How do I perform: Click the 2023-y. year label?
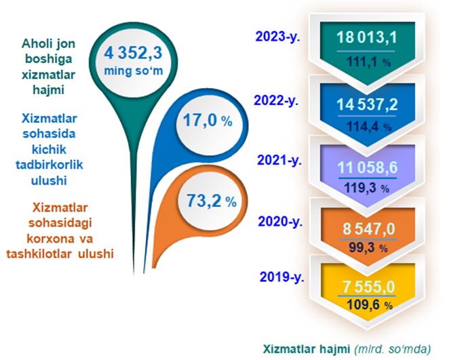click(x=277, y=37)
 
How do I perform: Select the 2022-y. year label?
click(x=276, y=101)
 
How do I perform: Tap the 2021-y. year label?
click(x=279, y=160)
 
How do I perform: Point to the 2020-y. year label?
click(x=280, y=222)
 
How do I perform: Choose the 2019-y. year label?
click(x=281, y=277)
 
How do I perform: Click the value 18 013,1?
click(x=367, y=37)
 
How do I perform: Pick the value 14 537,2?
click(x=367, y=104)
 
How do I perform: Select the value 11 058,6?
click(x=368, y=167)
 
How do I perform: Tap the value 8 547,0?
click(x=369, y=229)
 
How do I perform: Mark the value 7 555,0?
click(x=369, y=287)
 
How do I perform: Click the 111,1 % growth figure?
click(x=368, y=62)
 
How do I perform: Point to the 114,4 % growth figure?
click(x=369, y=126)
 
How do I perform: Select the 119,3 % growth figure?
click(x=366, y=188)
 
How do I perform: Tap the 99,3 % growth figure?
click(x=368, y=247)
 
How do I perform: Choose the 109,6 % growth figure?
click(x=370, y=305)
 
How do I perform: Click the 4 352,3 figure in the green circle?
click(x=133, y=53)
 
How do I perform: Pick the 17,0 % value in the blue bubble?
click(x=208, y=120)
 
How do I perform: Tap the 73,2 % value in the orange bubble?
click(x=212, y=201)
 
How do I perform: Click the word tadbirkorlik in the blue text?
click(x=50, y=165)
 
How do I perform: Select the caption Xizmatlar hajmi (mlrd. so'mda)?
click(x=347, y=349)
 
